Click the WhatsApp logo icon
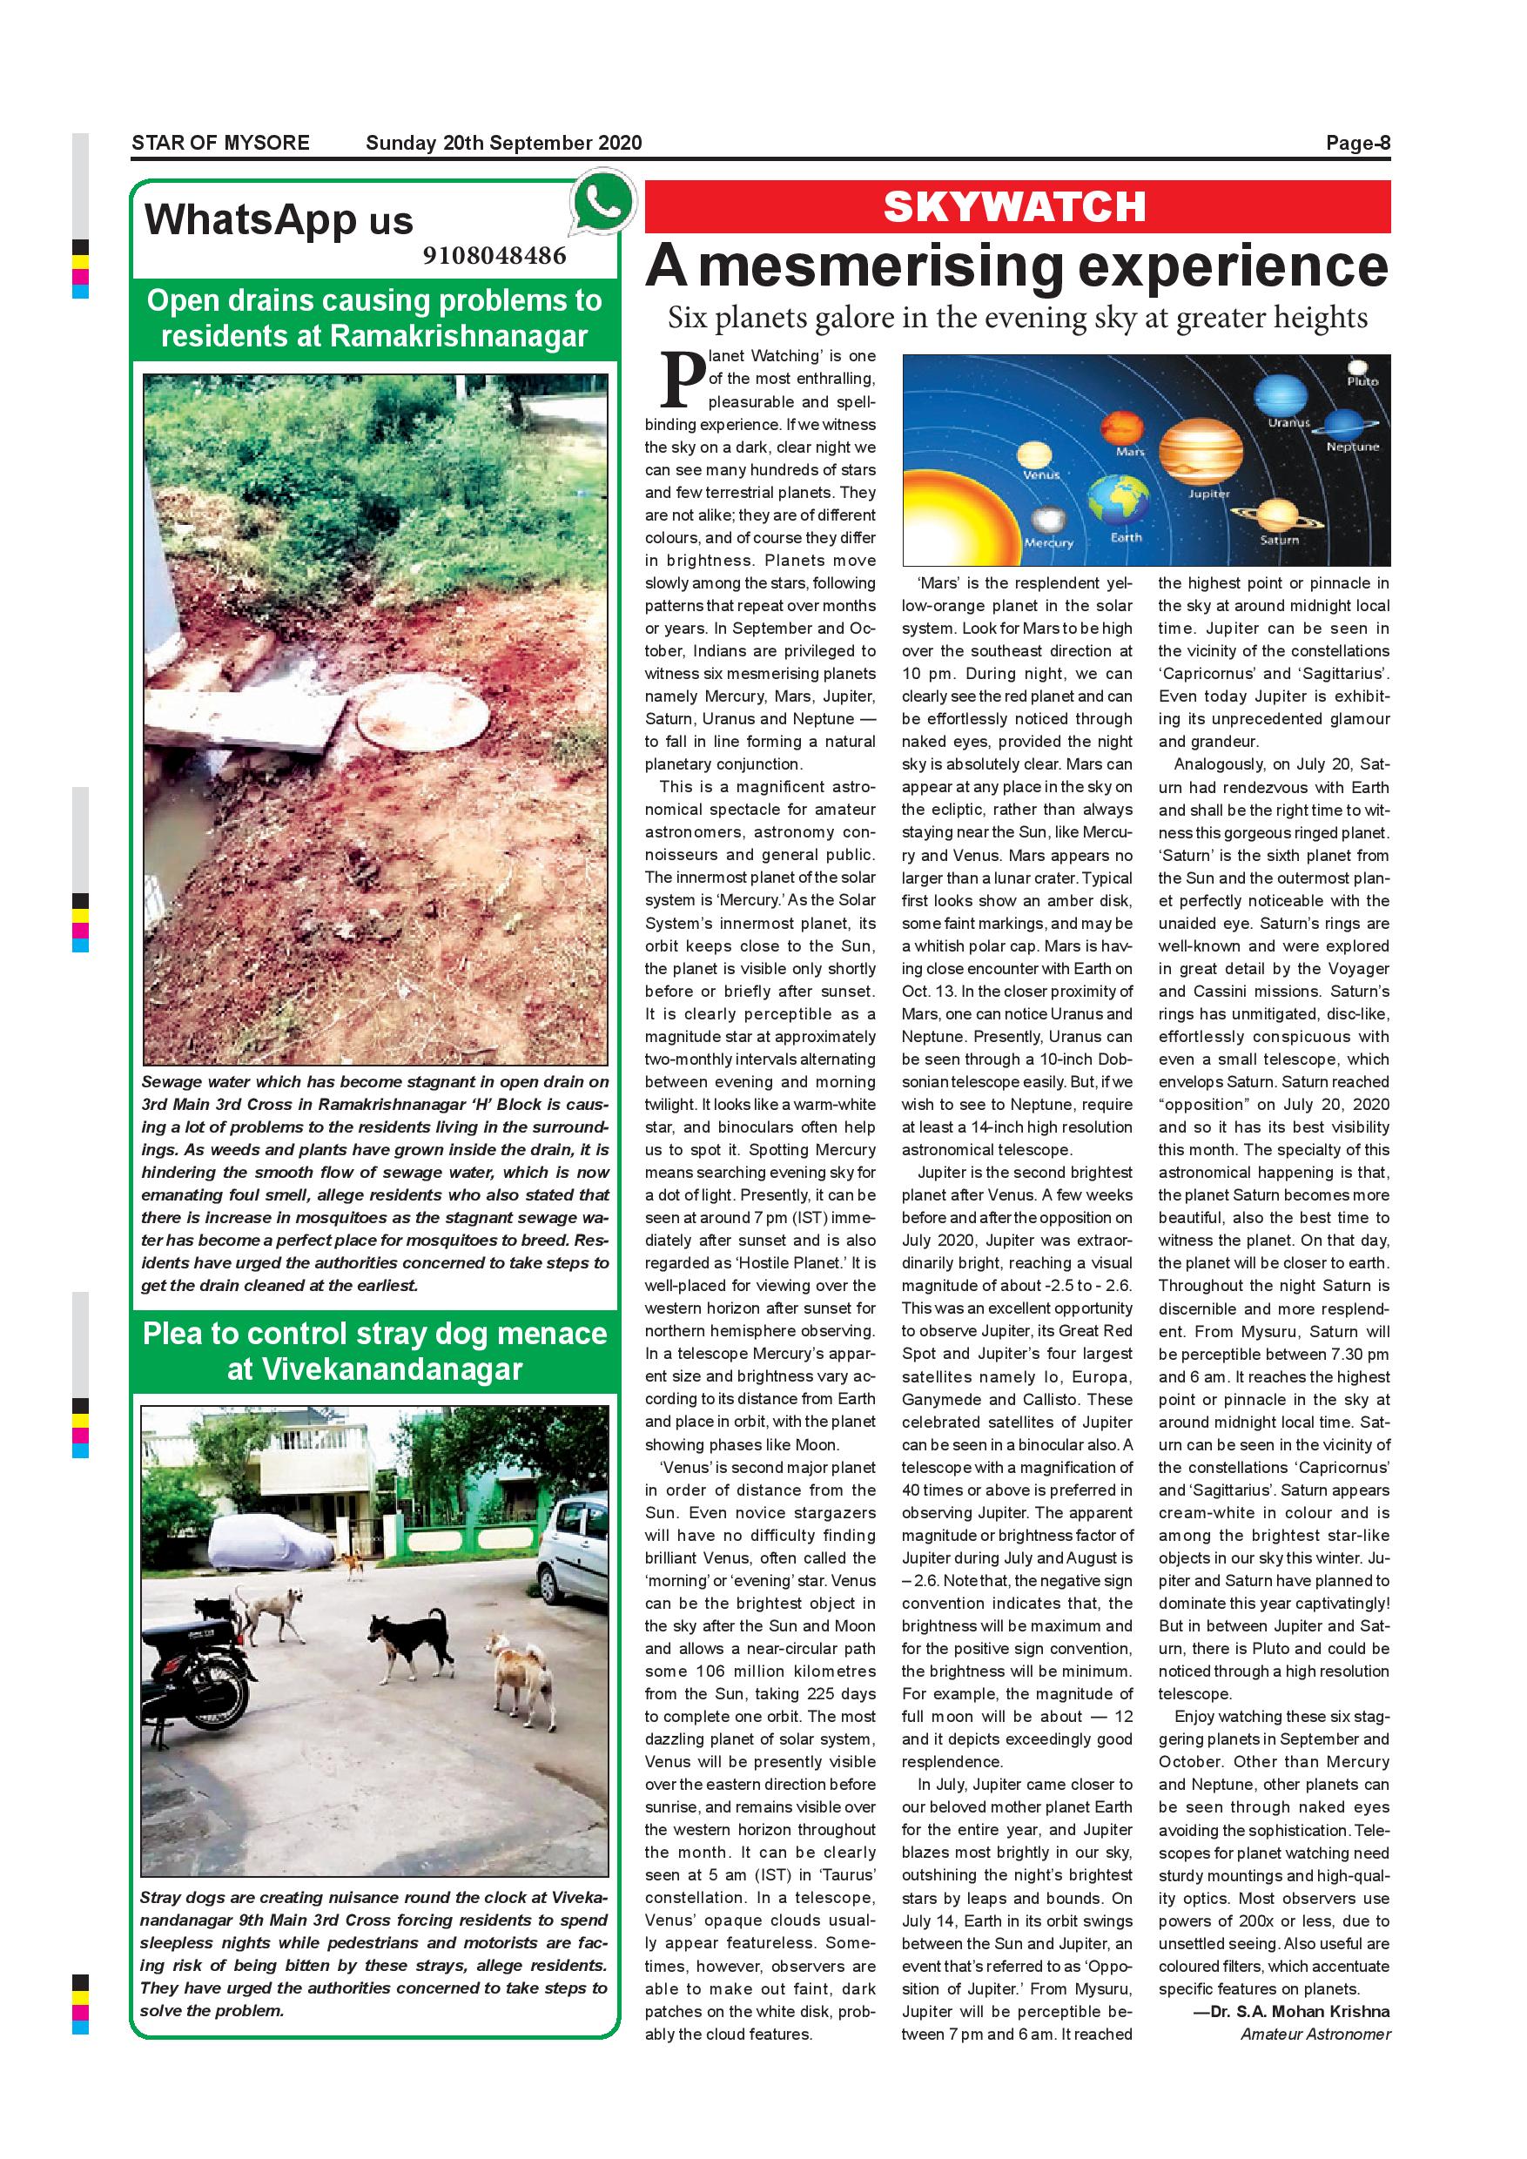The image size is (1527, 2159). [x=600, y=202]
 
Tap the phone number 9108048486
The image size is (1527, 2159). [x=494, y=256]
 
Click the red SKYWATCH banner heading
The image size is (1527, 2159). [x=1015, y=207]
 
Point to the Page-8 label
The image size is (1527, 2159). [x=1357, y=143]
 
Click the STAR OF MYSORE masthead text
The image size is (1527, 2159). [x=220, y=143]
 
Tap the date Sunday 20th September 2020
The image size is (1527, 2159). [x=503, y=143]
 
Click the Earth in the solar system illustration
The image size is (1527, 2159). [x=1119, y=501]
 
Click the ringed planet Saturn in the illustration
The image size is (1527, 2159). [x=1277, y=515]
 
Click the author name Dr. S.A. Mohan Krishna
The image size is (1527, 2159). [x=1291, y=2011]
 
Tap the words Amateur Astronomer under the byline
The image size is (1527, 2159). [x=1315, y=2034]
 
